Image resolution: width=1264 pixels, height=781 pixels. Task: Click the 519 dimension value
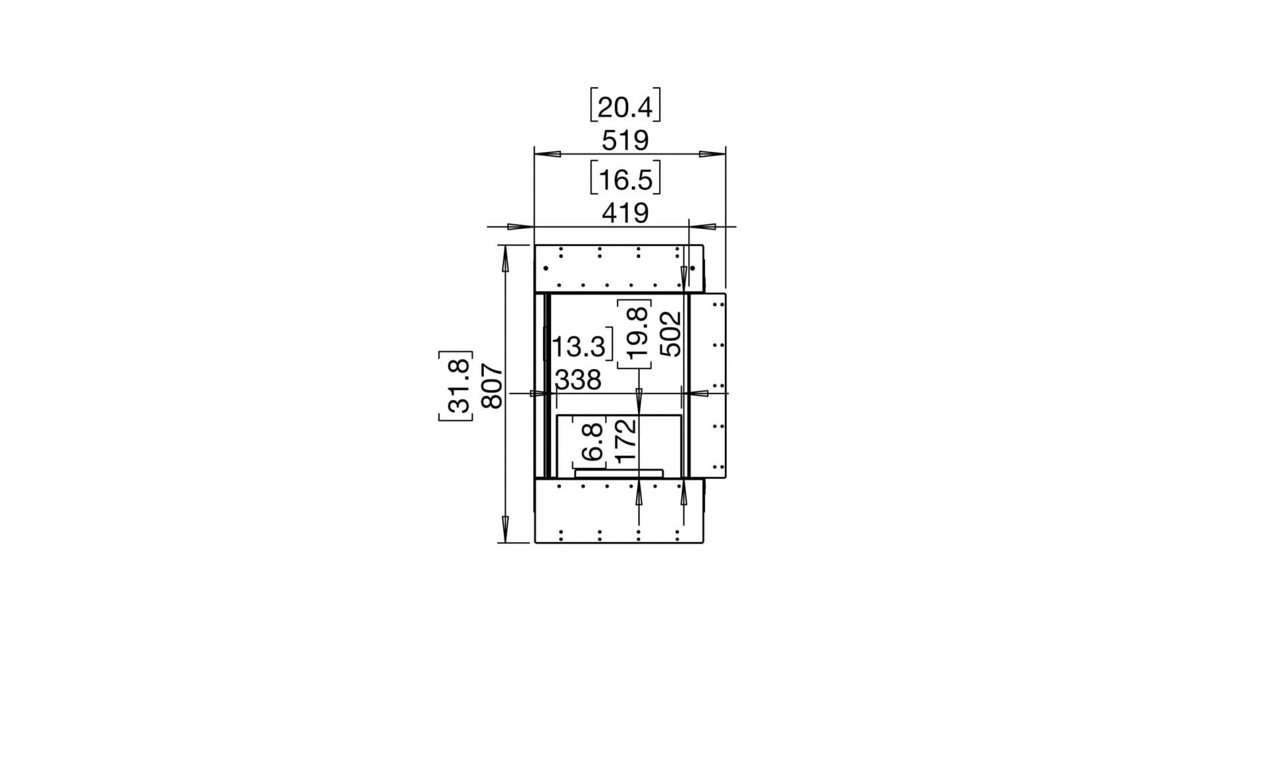625,140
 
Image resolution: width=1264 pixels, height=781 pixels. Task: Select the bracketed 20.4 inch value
625,107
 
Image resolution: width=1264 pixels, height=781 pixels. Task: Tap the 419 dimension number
625,213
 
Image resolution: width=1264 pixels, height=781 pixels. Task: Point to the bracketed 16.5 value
625,180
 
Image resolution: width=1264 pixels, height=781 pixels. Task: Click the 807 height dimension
492,386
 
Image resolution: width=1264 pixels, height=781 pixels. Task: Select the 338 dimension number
578,380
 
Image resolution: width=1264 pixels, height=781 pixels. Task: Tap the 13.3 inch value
579,347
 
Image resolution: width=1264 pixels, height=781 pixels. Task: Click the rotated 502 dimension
671,334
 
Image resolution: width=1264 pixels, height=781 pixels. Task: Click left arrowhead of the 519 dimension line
546,155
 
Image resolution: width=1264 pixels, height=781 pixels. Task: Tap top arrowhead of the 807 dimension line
505,259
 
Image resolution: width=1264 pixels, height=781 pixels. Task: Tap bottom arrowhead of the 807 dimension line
505,528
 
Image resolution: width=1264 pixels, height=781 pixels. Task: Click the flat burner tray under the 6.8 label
619,473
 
